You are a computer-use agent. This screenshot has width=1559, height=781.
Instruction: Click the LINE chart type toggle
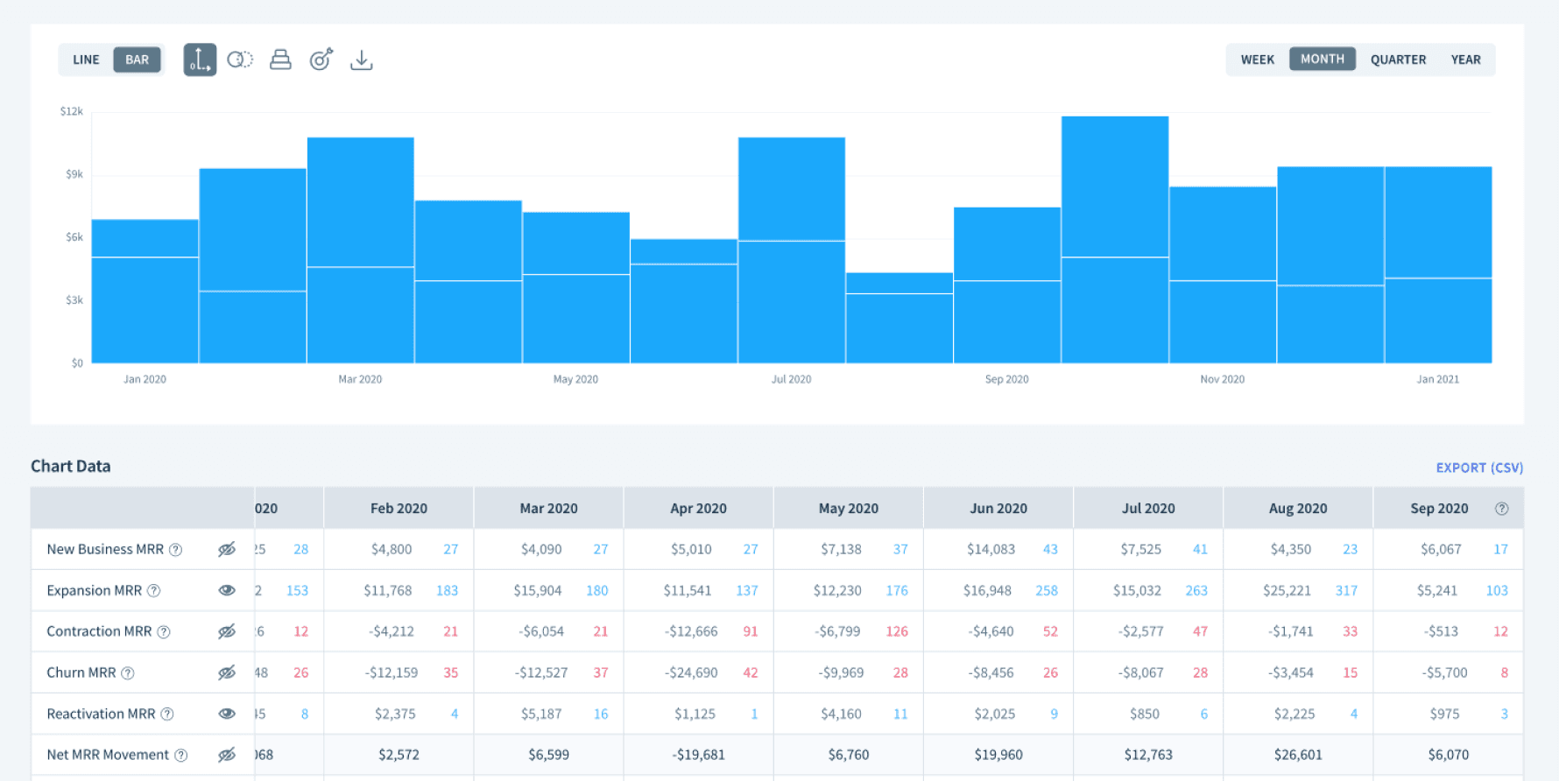86,60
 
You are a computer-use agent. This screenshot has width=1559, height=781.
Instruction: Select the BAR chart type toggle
137,60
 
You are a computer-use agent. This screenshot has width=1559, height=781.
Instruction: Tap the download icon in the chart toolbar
361,60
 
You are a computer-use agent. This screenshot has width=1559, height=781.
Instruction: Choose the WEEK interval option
1257,60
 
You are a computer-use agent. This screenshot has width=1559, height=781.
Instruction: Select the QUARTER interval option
1398,60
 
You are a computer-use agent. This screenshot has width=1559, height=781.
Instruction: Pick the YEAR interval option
1465,60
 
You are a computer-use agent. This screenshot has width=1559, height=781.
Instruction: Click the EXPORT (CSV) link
1479,468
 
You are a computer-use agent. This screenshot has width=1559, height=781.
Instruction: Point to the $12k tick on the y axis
72,111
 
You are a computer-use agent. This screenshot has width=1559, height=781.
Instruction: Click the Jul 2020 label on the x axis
791,379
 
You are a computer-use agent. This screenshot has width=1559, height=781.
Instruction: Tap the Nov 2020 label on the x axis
1222,379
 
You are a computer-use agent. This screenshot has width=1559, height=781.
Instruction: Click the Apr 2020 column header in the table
698,508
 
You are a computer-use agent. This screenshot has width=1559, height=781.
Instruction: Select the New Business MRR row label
105,549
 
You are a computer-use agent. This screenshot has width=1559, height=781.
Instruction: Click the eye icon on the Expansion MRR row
227,590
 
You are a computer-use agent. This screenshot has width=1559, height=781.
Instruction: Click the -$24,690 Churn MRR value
691,672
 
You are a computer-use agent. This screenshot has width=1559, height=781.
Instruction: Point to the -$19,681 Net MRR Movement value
698,755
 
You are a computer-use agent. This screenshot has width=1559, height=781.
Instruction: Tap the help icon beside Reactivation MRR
167,714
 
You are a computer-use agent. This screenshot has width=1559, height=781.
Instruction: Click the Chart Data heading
71,466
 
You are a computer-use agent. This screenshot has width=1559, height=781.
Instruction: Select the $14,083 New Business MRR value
991,549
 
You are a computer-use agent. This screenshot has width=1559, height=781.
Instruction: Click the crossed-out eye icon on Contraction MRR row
227,631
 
